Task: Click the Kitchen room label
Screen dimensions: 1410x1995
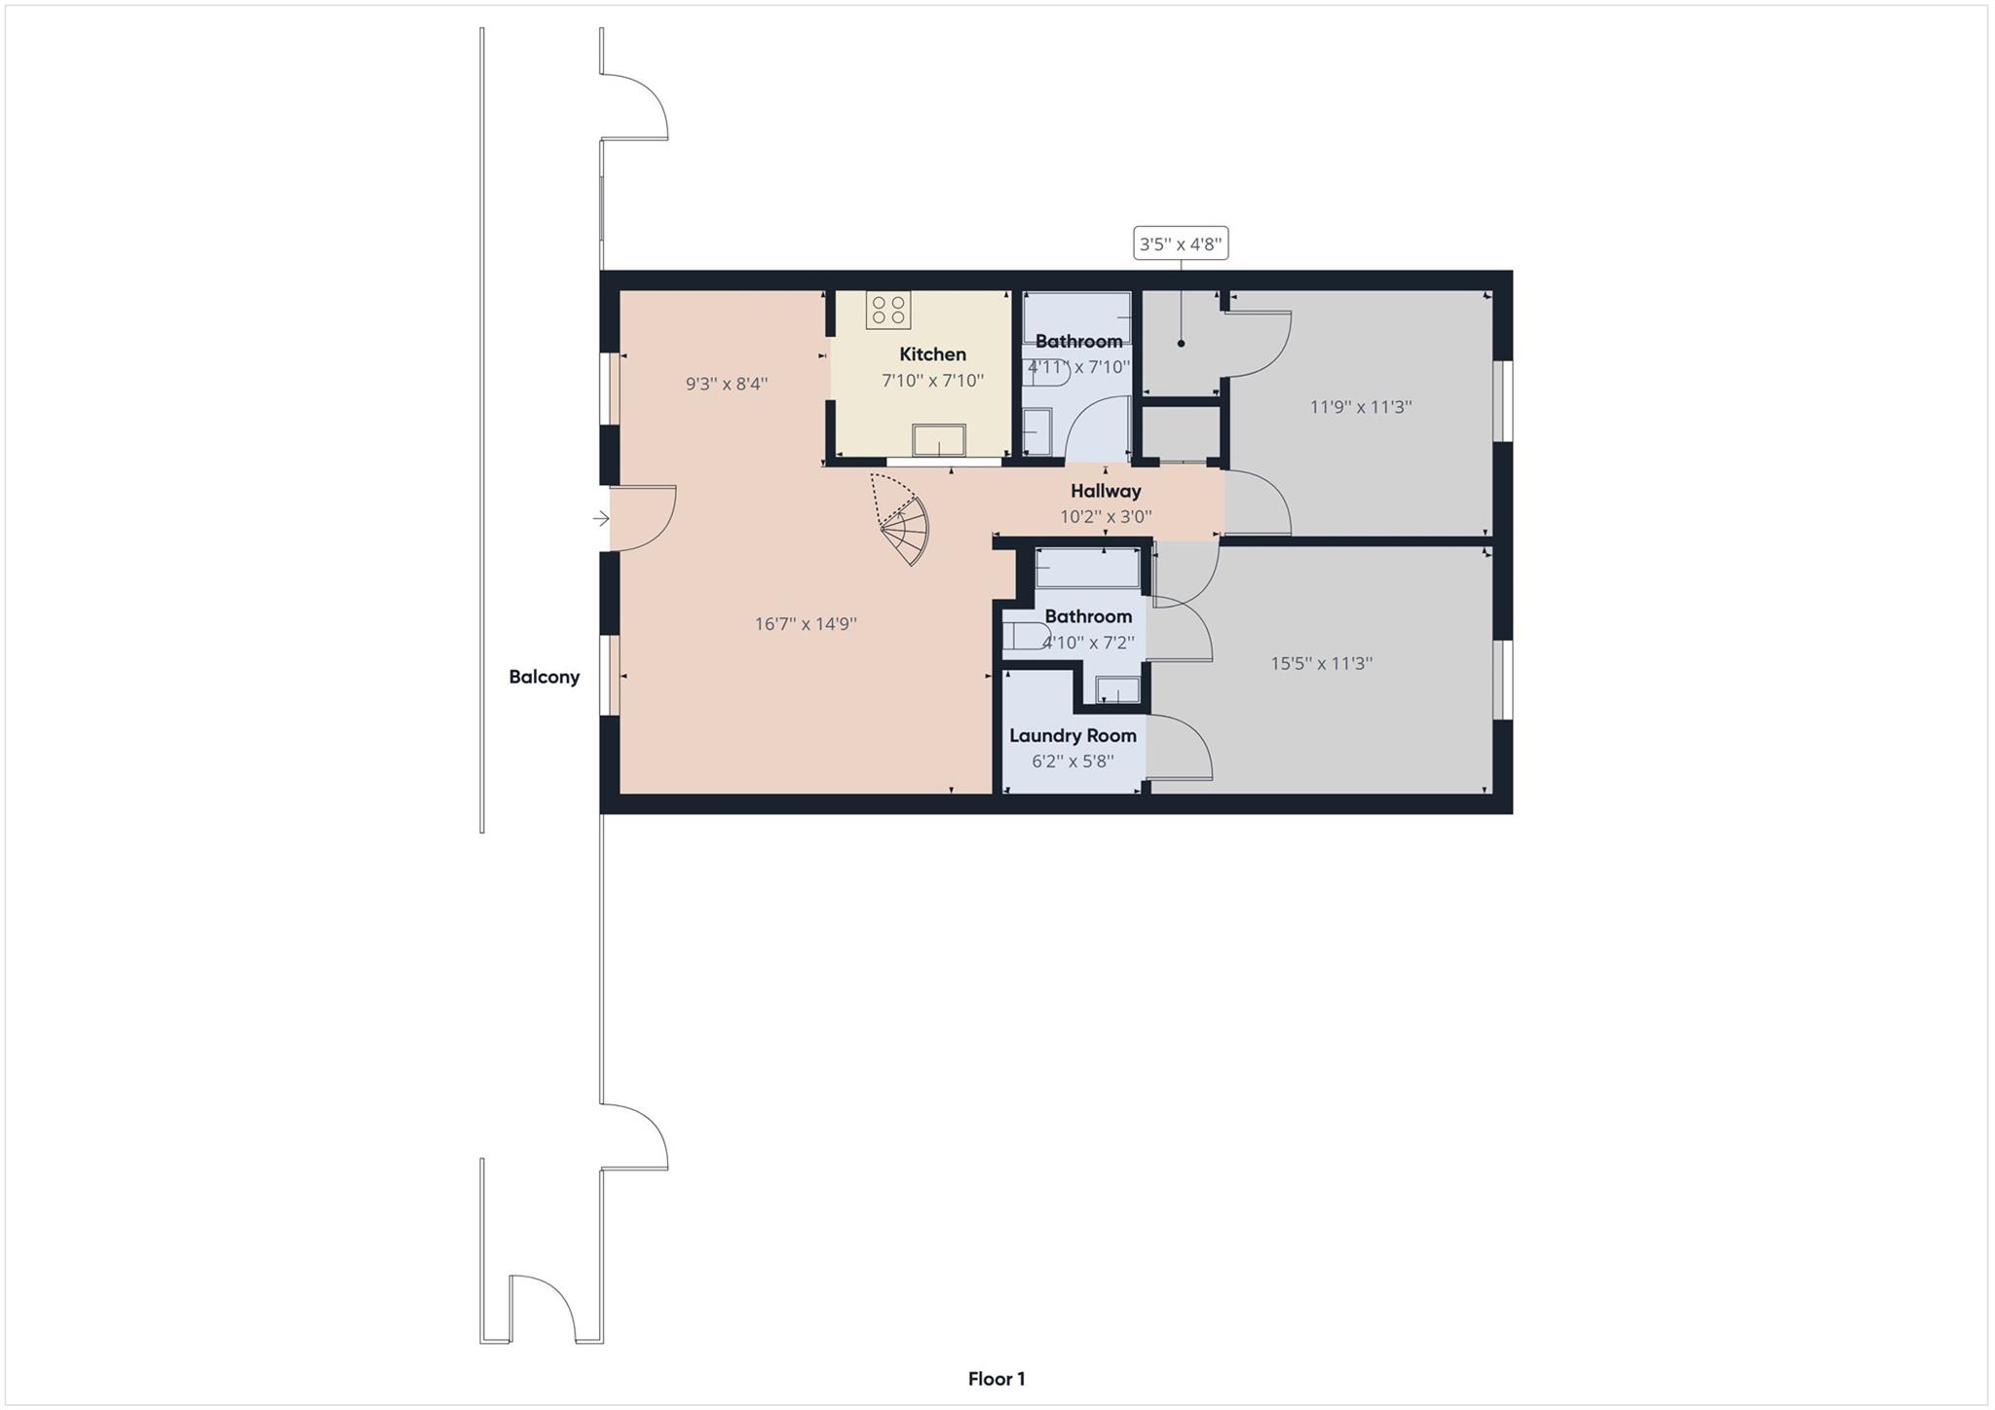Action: (932, 354)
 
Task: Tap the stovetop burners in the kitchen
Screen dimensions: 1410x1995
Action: (887, 310)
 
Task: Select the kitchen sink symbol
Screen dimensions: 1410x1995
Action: (938, 440)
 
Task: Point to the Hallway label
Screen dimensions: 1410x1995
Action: (1105, 491)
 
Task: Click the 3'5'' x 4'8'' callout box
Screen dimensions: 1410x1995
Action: (1180, 243)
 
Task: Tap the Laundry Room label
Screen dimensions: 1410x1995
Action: (1072, 735)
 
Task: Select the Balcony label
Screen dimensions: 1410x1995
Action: (544, 677)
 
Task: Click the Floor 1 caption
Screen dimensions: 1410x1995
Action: (996, 1378)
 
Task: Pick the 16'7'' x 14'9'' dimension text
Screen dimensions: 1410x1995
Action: (806, 624)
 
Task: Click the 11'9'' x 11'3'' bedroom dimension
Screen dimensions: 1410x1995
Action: (1360, 407)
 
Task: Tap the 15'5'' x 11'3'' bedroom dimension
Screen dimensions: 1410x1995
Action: (1321, 663)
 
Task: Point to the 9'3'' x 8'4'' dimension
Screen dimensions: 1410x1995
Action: (727, 384)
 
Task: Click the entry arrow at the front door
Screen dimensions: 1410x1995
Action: (600, 519)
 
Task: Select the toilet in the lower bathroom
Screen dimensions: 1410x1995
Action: (1026, 636)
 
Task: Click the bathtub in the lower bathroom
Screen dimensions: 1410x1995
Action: (1087, 568)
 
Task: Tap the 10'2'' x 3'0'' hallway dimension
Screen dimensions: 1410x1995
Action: (1105, 517)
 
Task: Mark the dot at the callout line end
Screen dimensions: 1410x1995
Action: (1181, 344)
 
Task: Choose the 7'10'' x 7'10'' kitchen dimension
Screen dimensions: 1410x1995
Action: (932, 381)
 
